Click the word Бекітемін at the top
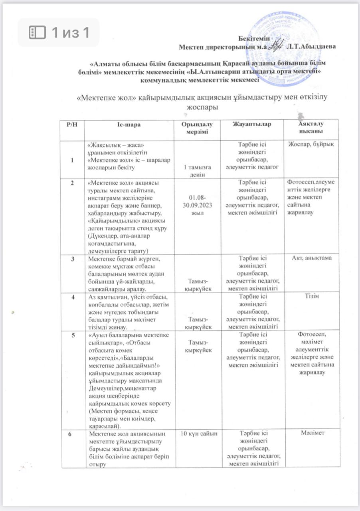(254, 38)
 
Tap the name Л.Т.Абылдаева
(311, 46)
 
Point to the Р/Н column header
(72, 125)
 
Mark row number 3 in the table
(72, 258)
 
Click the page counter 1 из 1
(59, 33)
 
